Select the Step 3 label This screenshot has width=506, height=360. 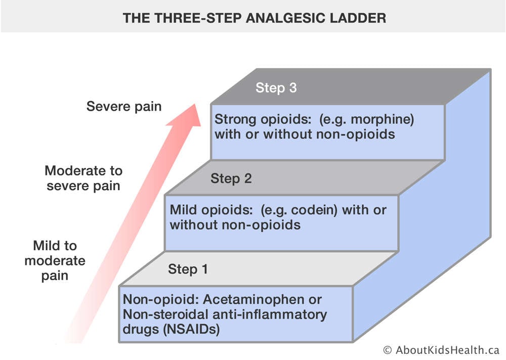click(x=276, y=88)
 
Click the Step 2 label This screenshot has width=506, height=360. click(x=231, y=178)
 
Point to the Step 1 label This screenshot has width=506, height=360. click(x=188, y=269)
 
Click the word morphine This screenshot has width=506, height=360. click(x=382, y=119)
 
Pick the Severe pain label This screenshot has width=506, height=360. click(x=124, y=107)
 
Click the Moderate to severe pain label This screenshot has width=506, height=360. click(x=83, y=178)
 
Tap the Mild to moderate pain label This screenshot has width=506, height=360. click(x=55, y=260)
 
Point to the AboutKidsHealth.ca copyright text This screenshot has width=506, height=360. click(x=441, y=350)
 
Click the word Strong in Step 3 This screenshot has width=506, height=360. click(x=236, y=120)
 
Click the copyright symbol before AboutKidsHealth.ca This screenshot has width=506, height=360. click(x=388, y=350)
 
